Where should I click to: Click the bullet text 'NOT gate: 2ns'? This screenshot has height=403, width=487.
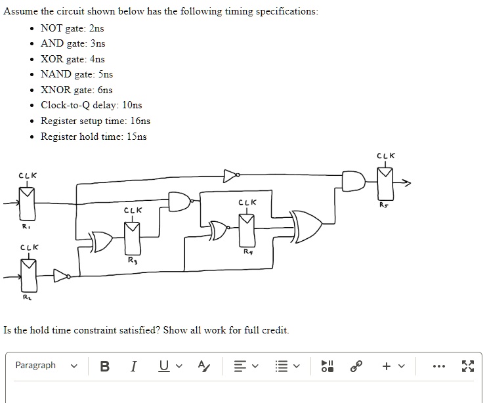coord(72,28)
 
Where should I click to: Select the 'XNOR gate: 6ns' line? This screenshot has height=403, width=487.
coord(76,90)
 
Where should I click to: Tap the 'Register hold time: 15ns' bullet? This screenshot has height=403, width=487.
coord(93,137)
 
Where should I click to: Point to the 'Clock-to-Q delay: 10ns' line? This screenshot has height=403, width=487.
coord(91,105)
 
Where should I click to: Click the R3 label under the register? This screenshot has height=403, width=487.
coord(133,261)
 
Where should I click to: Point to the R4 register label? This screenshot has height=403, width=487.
coord(247,251)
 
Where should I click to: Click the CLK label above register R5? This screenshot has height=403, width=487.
coord(386,156)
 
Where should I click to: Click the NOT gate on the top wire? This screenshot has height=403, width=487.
coord(230,175)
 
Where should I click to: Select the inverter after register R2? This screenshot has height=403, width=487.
coord(61,275)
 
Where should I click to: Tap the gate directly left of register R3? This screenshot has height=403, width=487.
coord(102,242)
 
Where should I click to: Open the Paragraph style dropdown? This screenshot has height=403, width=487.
coord(45,366)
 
